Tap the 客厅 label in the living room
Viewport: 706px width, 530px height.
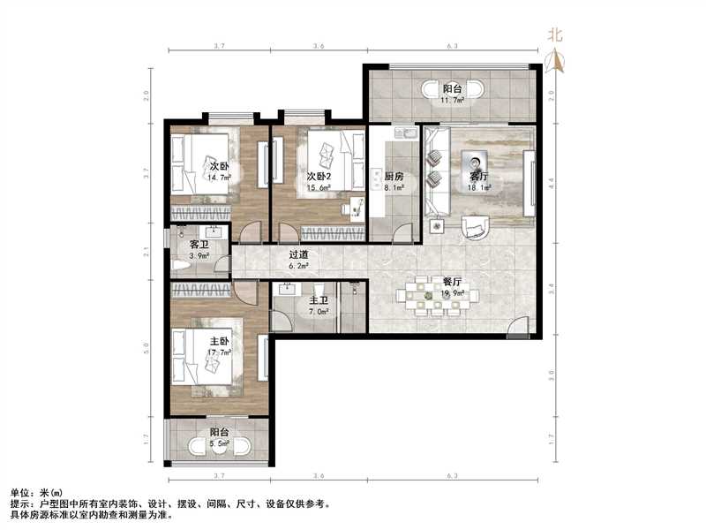coord(478,175)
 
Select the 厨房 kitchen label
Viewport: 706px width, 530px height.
coord(394,176)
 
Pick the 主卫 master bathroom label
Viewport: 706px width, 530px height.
coord(319,300)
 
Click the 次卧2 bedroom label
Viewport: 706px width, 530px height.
coord(319,176)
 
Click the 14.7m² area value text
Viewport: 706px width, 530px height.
coord(219,177)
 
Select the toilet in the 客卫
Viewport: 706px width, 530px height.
coord(180,264)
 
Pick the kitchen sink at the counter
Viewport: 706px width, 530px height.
coord(407,134)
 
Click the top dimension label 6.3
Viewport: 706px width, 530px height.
coord(451,44)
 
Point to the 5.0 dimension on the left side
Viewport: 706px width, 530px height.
coord(147,358)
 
